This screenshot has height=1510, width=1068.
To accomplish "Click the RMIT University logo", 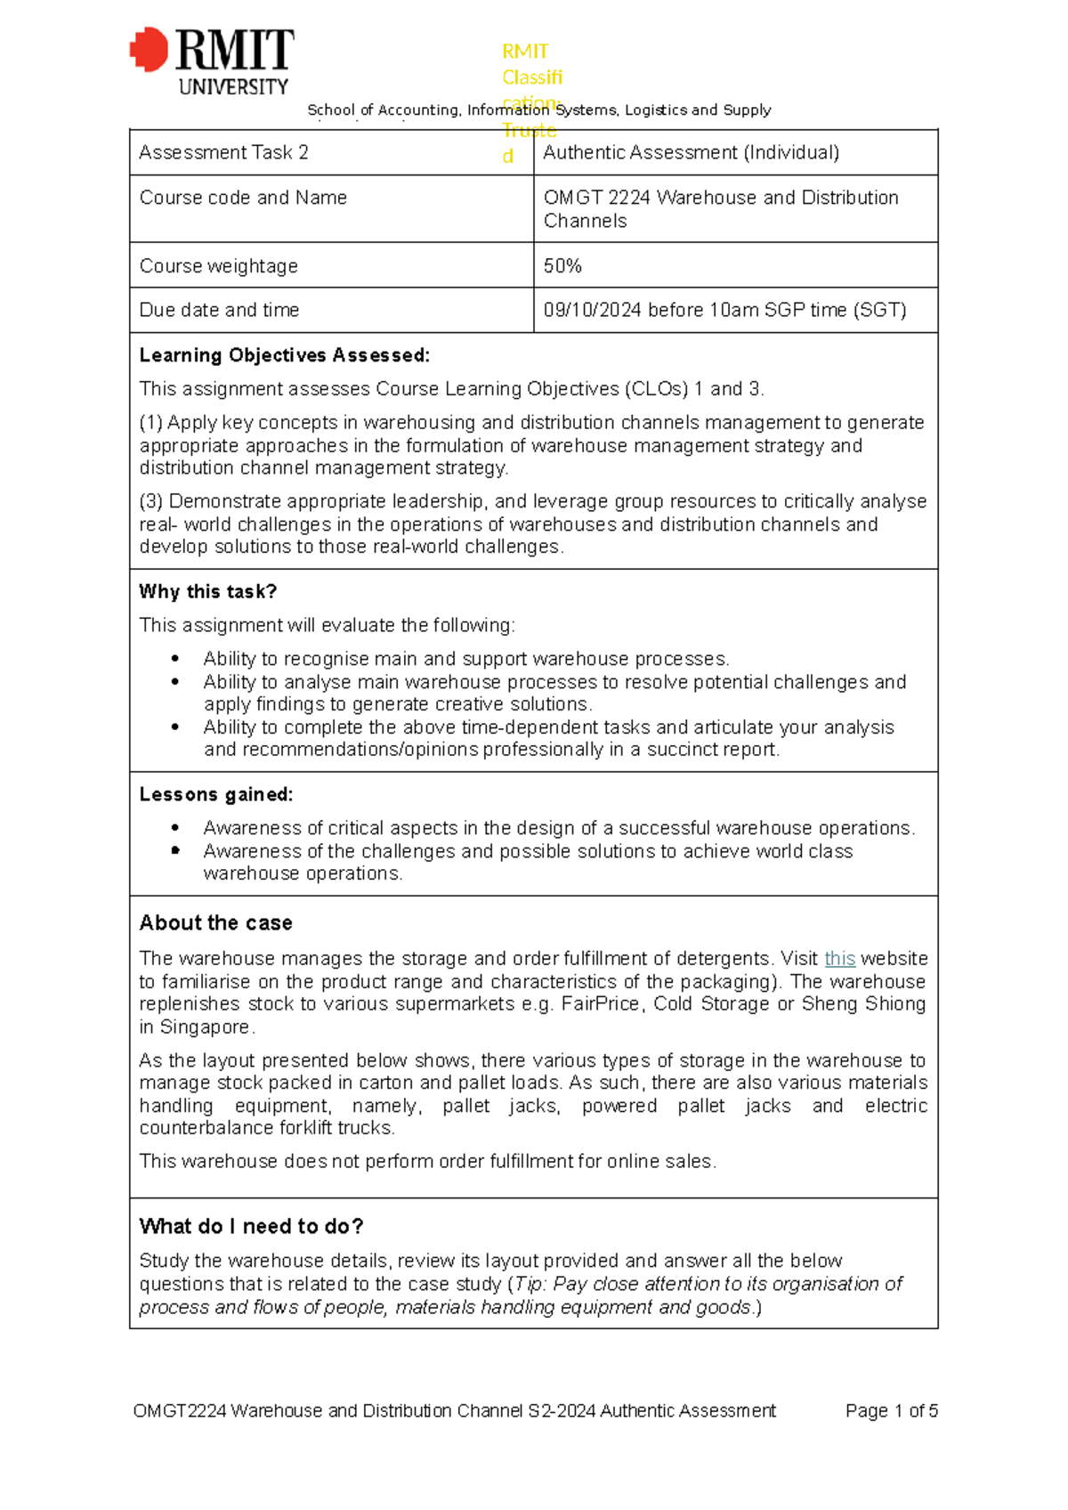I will point(212,61).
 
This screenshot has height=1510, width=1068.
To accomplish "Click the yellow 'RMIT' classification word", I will point(525,52).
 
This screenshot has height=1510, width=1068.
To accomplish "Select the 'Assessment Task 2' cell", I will point(223,153).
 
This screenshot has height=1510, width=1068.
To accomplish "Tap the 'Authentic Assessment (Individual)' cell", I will point(691,153).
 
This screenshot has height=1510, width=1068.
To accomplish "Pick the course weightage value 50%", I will point(562,266).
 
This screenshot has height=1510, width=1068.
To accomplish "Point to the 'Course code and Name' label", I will point(243,198).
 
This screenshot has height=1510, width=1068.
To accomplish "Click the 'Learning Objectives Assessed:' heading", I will point(284,356).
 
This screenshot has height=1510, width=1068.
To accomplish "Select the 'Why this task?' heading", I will point(207,592).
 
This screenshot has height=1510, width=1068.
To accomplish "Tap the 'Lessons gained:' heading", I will point(215,795).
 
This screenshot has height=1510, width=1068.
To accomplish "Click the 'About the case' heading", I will point(215,923).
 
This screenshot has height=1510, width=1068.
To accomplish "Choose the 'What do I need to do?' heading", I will point(251,1227).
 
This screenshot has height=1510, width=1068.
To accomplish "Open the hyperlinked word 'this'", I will point(839,959).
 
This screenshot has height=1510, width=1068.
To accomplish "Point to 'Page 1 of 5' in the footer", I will point(891,1411).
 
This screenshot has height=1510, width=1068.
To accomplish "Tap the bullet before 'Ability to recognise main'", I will point(175,660).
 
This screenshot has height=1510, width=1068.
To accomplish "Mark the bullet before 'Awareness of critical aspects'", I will point(175,828).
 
